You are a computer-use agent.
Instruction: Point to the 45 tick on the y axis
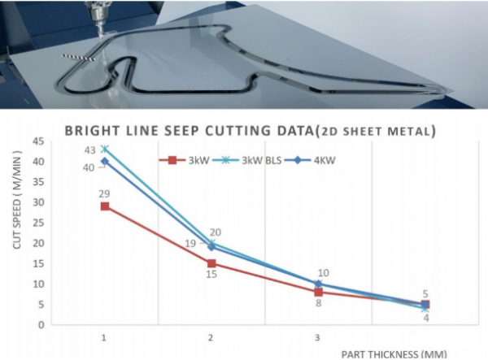pyautogui.click(x=38, y=141)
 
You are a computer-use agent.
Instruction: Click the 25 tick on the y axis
pyautogui.click(x=38, y=223)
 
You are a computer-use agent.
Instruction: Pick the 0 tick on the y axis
pyautogui.click(x=41, y=325)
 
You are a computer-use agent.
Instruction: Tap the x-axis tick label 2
pyautogui.click(x=211, y=336)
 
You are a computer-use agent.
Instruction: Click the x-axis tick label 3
pyautogui.click(x=317, y=336)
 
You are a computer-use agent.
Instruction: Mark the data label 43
pyautogui.click(x=90, y=150)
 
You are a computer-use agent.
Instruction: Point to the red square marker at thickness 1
pyautogui.click(x=104, y=206)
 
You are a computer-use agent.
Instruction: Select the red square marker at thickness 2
pyautogui.click(x=211, y=263)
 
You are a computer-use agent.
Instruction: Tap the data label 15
pyautogui.click(x=210, y=275)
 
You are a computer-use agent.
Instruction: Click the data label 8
pyautogui.click(x=317, y=304)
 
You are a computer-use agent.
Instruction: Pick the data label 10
pyautogui.click(x=324, y=273)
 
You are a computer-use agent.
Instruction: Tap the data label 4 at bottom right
pyautogui.click(x=425, y=318)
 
